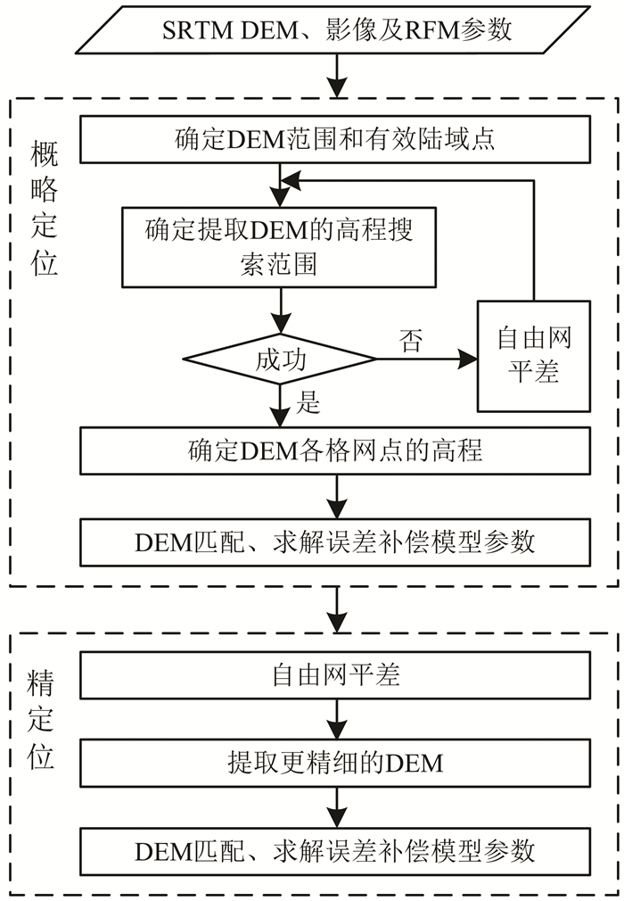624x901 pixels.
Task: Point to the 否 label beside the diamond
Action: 411,341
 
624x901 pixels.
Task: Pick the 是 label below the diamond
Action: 308,402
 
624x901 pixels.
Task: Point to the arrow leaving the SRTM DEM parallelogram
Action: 336,76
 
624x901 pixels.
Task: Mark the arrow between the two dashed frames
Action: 336,609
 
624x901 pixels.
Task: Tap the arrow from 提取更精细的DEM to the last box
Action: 336,807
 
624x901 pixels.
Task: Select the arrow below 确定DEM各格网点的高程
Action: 336,496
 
